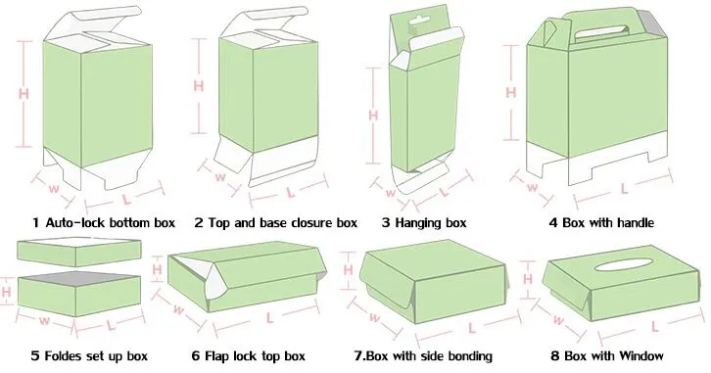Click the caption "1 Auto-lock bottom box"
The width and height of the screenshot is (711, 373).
point(104,222)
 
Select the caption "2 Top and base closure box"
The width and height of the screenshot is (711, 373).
point(276,222)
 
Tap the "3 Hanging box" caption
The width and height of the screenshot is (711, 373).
point(424,223)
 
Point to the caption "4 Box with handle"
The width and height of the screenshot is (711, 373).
point(601,222)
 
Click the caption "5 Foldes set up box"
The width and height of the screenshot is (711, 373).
point(89,355)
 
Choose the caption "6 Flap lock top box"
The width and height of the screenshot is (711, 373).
point(248,355)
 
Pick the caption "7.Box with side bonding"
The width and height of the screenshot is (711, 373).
point(423,355)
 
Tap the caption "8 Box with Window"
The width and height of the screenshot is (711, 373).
point(607,355)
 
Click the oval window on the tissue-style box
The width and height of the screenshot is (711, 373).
point(624,264)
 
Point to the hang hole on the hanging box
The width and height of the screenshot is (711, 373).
point(418,21)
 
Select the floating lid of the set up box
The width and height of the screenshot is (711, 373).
point(79,252)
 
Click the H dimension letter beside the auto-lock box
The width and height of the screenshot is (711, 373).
point(24,94)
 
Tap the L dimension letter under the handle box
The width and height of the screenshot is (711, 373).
point(625,189)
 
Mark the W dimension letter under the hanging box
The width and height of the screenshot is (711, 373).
point(391,193)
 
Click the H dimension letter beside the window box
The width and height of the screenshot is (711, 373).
point(527,279)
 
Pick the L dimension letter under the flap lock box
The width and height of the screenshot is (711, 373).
point(269,318)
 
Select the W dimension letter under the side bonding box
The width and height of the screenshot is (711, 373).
point(374,317)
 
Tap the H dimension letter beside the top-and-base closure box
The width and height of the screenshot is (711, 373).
point(199,85)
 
